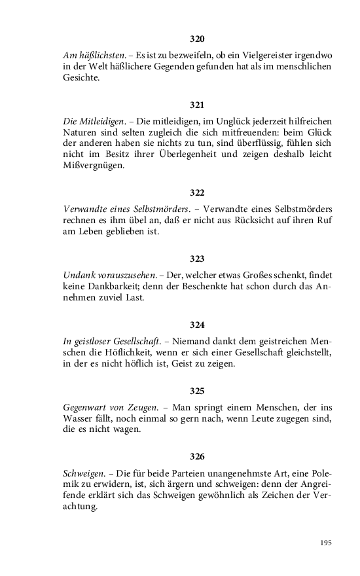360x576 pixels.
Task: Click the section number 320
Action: [197, 39]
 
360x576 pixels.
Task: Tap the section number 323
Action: [197, 258]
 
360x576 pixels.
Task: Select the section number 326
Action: [197, 456]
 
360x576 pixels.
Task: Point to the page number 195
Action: [327, 543]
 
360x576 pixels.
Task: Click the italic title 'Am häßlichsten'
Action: [90, 54]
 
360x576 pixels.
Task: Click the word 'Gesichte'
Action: [81, 77]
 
